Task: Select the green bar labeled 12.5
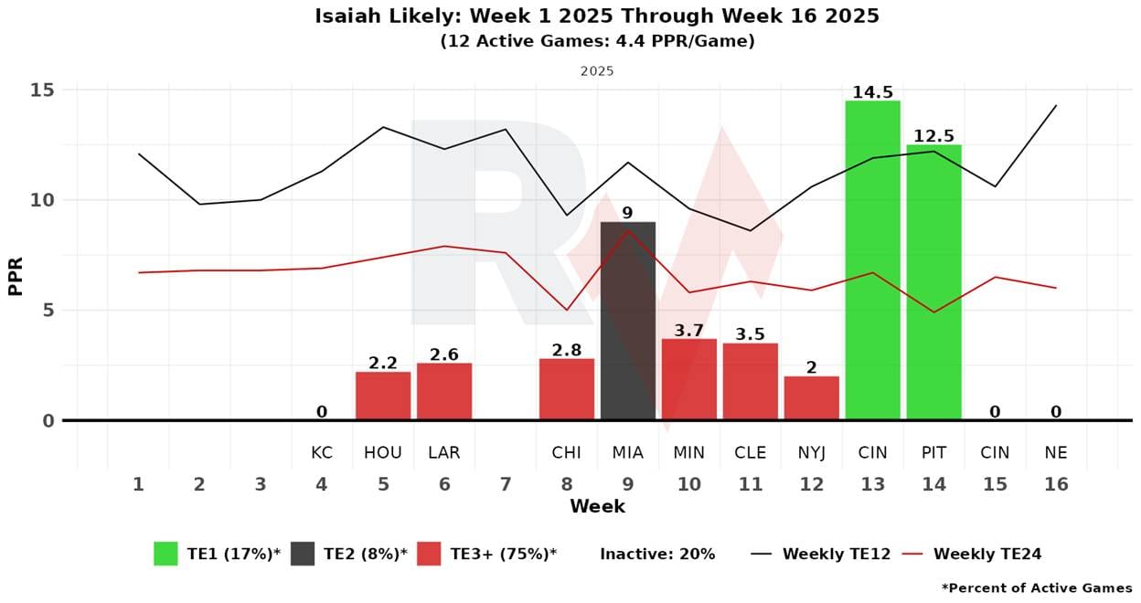click(x=933, y=282)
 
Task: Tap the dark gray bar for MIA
click(x=627, y=321)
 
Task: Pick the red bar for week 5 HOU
click(x=383, y=396)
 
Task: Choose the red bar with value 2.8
click(x=566, y=389)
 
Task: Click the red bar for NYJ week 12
click(x=811, y=398)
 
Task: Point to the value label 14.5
click(x=872, y=92)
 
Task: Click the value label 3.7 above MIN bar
click(x=688, y=330)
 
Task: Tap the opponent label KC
click(x=321, y=453)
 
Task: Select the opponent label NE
click(x=1056, y=453)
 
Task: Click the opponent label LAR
click(x=443, y=453)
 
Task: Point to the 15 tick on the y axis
click(x=43, y=90)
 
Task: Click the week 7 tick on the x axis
click(x=505, y=484)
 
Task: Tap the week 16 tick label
click(x=1056, y=484)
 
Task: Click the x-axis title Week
click(x=597, y=506)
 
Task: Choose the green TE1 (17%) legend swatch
click(x=165, y=554)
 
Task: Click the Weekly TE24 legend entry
click(x=986, y=554)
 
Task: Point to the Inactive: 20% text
click(x=657, y=554)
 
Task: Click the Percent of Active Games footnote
click(x=1036, y=587)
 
